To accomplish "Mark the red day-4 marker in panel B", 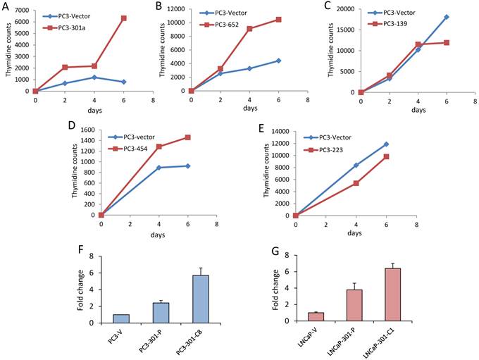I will (x=250, y=29).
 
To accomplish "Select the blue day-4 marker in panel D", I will (x=160, y=168).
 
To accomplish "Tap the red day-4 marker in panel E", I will (x=356, y=183).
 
